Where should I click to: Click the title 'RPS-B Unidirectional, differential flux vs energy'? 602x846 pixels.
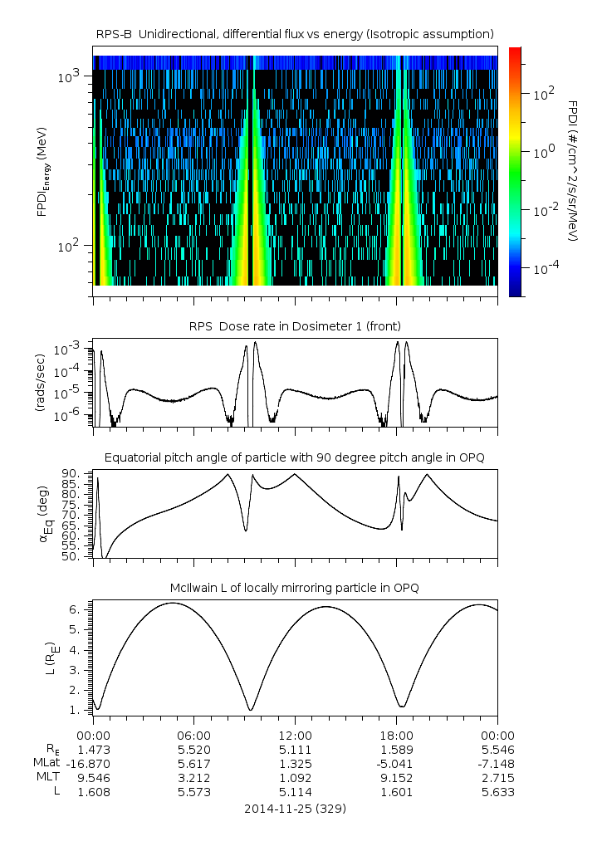[x=296, y=33]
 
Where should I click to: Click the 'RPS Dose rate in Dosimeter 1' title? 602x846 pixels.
[x=296, y=325]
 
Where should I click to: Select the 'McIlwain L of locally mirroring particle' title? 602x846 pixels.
[x=296, y=588]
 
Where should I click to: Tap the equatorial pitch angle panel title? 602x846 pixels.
[x=296, y=457]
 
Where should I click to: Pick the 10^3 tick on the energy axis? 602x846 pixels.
[x=68, y=76]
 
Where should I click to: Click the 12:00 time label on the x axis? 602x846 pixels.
[x=295, y=735]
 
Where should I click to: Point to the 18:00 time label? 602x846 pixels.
[x=396, y=735]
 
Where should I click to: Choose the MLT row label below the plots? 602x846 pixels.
[x=48, y=778]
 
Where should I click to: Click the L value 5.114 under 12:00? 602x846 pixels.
[x=295, y=792]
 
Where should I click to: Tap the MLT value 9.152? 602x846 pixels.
[x=396, y=778]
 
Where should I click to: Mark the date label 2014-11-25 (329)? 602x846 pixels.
[x=295, y=809]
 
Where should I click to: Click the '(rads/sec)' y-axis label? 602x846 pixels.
[x=39, y=383]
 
